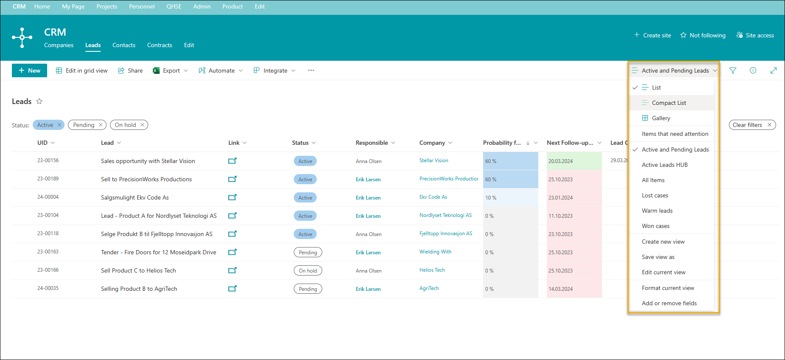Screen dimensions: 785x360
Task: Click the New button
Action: tap(29, 70)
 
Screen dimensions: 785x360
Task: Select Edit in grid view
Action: tap(82, 70)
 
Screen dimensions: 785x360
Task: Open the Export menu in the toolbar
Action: tap(170, 70)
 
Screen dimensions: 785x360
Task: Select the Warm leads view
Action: tap(657, 211)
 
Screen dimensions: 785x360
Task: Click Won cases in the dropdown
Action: tap(656, 226)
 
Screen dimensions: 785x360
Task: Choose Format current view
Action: tap(668, 288)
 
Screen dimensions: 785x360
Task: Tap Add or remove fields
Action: tap(669, 303)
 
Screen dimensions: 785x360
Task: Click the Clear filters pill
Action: tap(752, 125)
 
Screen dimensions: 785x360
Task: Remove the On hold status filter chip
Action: tap(142, 125)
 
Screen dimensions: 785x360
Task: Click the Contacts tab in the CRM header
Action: tap(124, 45)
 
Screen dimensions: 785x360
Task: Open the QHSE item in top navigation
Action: tap(174, 6)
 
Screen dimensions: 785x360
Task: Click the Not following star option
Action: tap(703, 35)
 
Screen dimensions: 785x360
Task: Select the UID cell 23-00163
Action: tap(48, 252)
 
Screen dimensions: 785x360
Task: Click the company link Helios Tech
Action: tap(432, 270)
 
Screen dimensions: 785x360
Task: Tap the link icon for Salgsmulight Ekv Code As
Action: tap(232, 197)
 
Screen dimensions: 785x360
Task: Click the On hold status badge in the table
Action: tap(308, 270)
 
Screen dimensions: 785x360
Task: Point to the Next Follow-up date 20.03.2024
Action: tap(560, 161)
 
